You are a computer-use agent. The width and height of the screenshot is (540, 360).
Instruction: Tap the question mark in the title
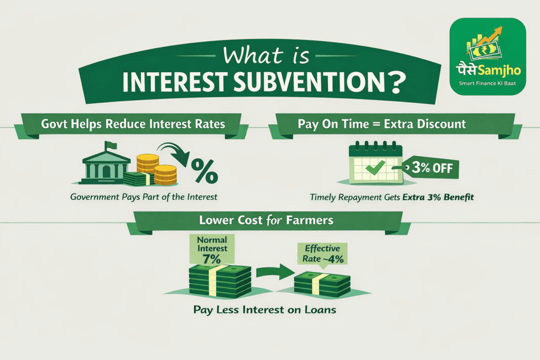pyautogui.click(x=400, y=83)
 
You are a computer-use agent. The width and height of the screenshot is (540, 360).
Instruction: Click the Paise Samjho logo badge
pyautogui.click(x=487, y=56)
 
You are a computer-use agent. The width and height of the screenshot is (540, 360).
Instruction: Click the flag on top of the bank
pyautogui.click(x=108, y=143)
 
